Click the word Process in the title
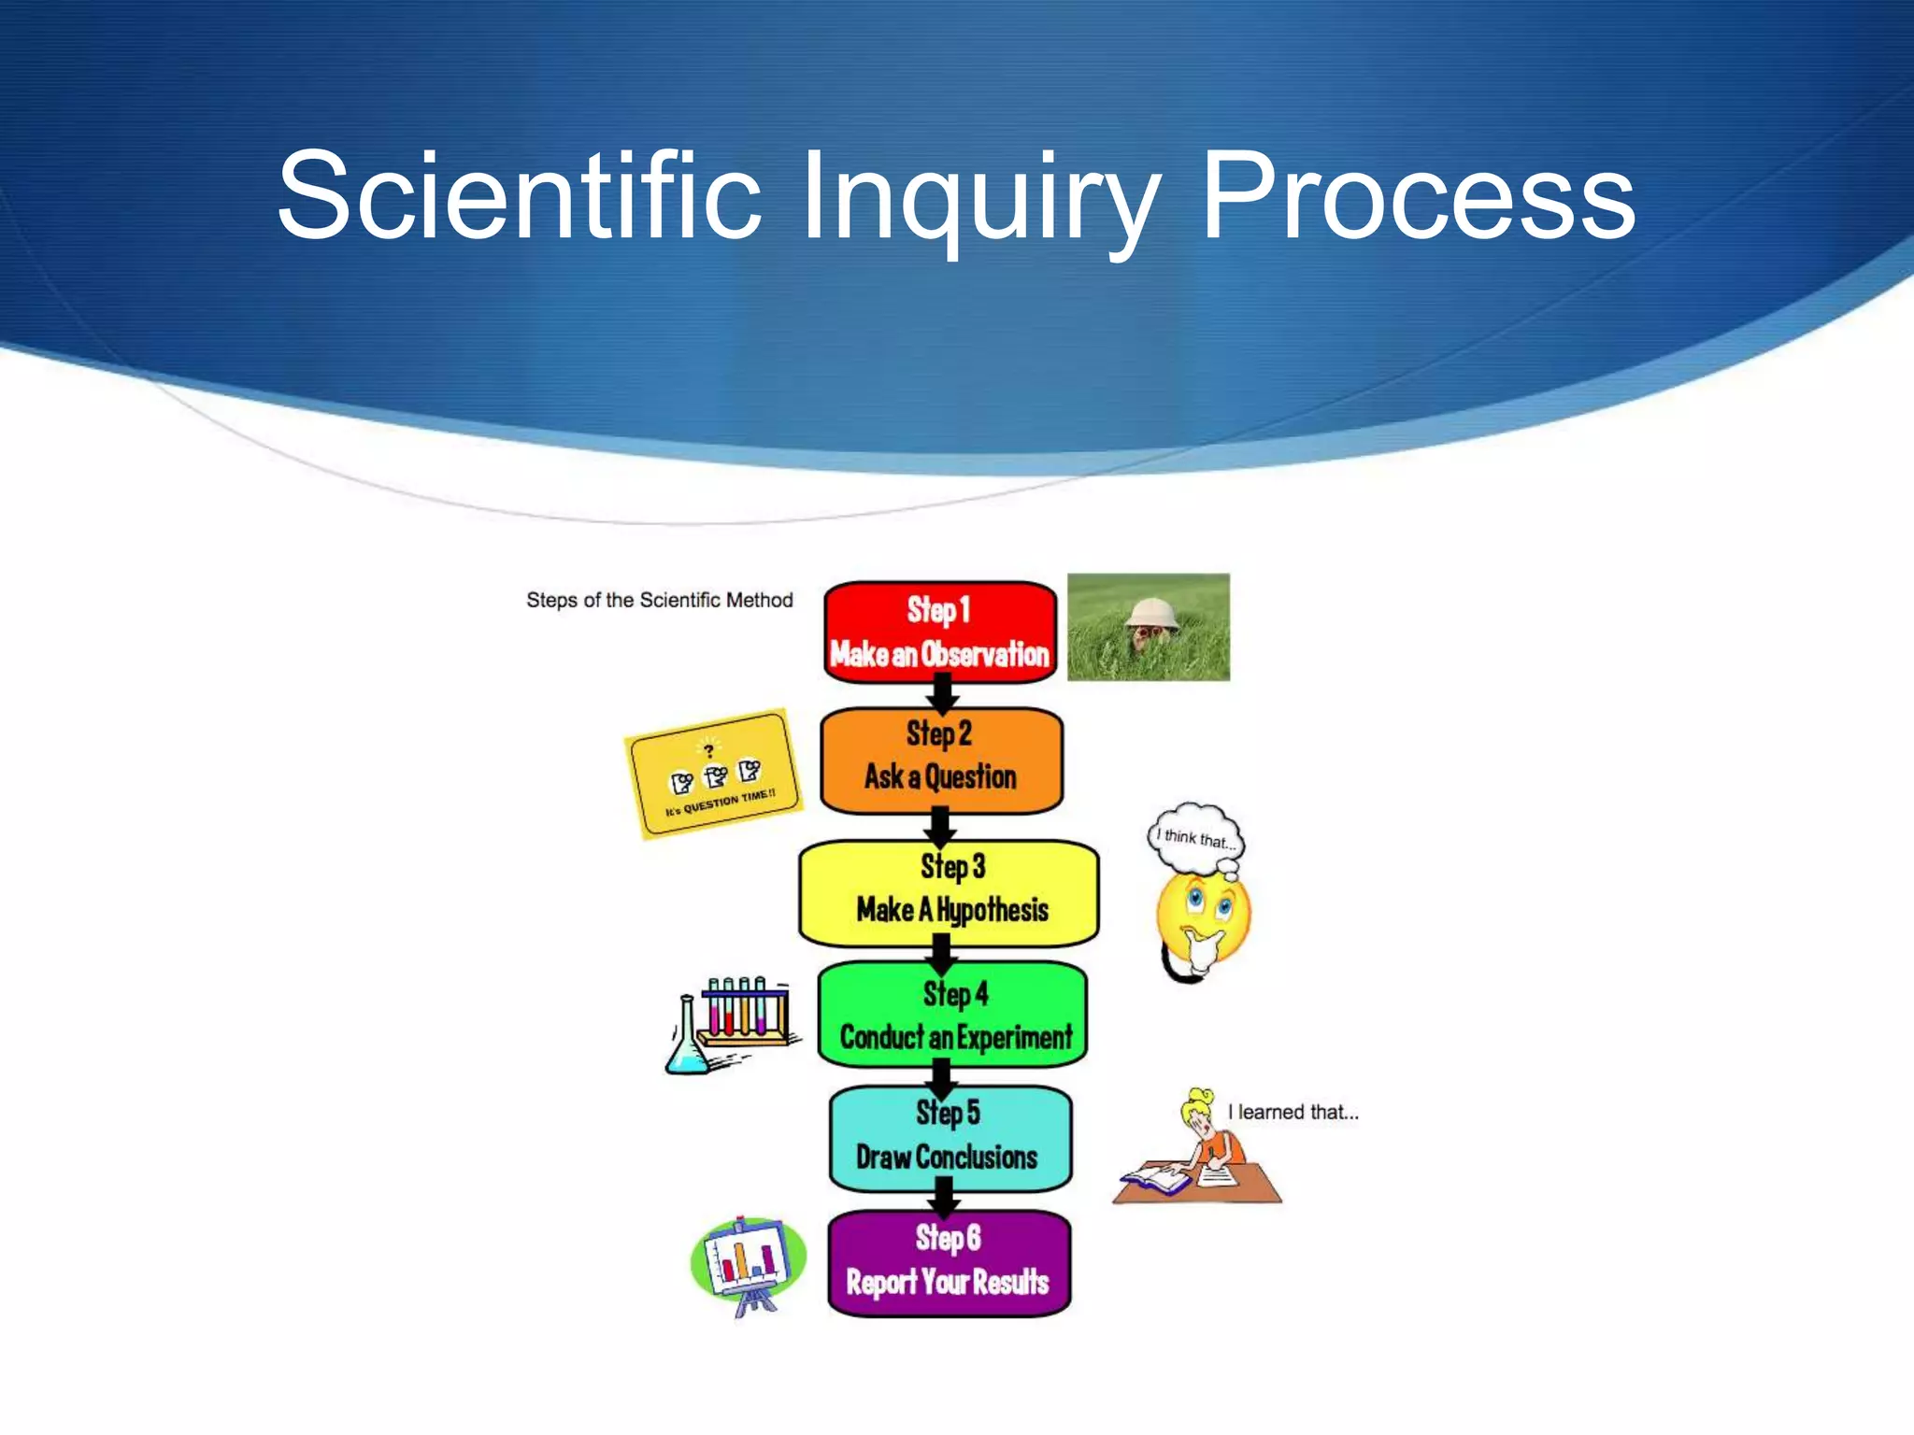[1416, 198]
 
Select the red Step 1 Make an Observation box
[939, 632]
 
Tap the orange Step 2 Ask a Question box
[940, 759]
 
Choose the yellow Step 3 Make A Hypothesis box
[948, 891]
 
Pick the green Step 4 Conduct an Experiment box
[952, 1015]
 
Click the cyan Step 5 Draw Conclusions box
[950, 1137]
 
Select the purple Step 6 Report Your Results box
[948, 1263]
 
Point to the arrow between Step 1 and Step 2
[942, 694]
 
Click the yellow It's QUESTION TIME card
[714, 773]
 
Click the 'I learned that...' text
[1293, 1112]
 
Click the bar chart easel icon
[747, 1262]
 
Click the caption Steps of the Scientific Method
[659, 600]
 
